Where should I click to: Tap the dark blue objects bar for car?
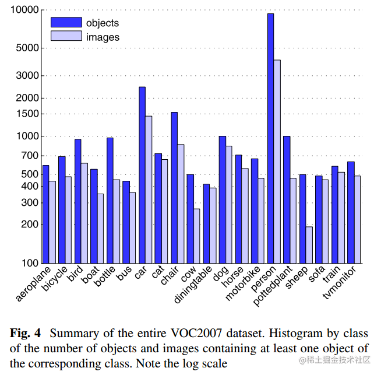tap(142, 174)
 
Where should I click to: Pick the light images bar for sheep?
tap(309, 244)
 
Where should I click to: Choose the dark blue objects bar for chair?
tap(174, 187)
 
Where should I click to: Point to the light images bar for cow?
tap(197, 236)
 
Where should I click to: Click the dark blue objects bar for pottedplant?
tap(287, 199)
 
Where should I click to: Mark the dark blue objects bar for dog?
tap(222, 199)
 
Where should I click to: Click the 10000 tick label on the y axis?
tap(24, 10)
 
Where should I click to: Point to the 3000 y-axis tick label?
tap(26, 75)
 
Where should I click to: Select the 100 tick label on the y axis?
tap(29, 262)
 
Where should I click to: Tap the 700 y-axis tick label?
tap(29, 156)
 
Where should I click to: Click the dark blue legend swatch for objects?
tap(66, 23)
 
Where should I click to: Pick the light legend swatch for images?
tap(66, 36)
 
